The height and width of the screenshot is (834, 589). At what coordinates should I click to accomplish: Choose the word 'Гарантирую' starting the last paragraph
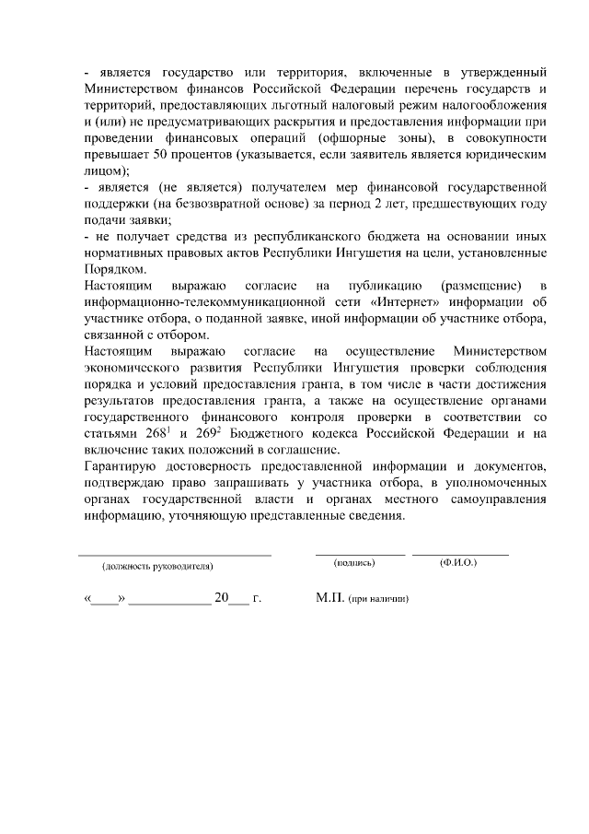[x=119, y=467]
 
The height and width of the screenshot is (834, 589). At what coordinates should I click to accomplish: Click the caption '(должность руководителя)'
[x=157, y=565]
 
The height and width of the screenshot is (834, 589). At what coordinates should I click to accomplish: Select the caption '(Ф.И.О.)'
[x=457, y=562]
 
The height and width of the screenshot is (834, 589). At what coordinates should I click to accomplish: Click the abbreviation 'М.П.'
[x=329, y=598]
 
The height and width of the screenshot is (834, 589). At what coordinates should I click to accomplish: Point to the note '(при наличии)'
[x=377, y=599]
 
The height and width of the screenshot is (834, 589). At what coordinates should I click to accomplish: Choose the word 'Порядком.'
[x=114, y=269]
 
